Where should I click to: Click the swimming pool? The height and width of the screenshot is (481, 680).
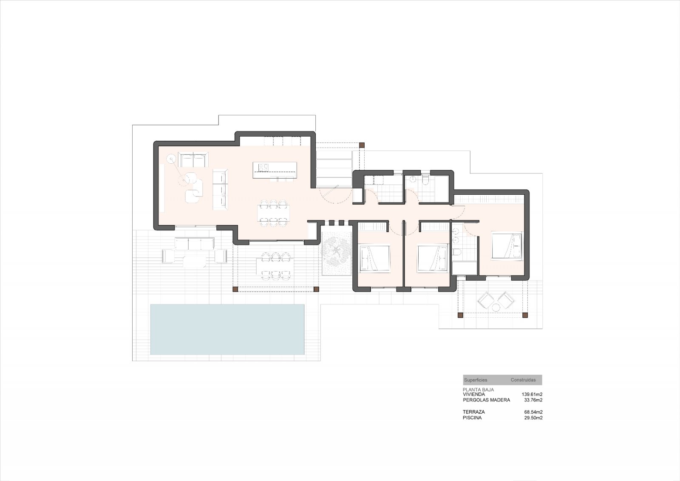227,329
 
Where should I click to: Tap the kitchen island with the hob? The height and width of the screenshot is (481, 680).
275,170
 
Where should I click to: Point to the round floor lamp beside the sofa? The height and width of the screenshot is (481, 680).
171,159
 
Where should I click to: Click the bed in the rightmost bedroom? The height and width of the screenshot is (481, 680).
507,245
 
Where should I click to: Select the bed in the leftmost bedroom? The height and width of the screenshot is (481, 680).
374,258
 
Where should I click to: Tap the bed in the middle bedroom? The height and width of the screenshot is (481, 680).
433,258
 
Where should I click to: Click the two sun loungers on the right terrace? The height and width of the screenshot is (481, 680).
496,301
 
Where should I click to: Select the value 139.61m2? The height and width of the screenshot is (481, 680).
532,394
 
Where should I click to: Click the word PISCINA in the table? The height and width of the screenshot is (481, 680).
472,418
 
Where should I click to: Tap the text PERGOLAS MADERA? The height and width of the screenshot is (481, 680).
486,400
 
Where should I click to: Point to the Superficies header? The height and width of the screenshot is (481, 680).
476,380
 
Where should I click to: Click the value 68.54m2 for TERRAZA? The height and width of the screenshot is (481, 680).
533,412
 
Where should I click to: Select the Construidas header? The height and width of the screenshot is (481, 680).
523,380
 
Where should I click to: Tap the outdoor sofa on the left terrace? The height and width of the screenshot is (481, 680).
194,244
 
